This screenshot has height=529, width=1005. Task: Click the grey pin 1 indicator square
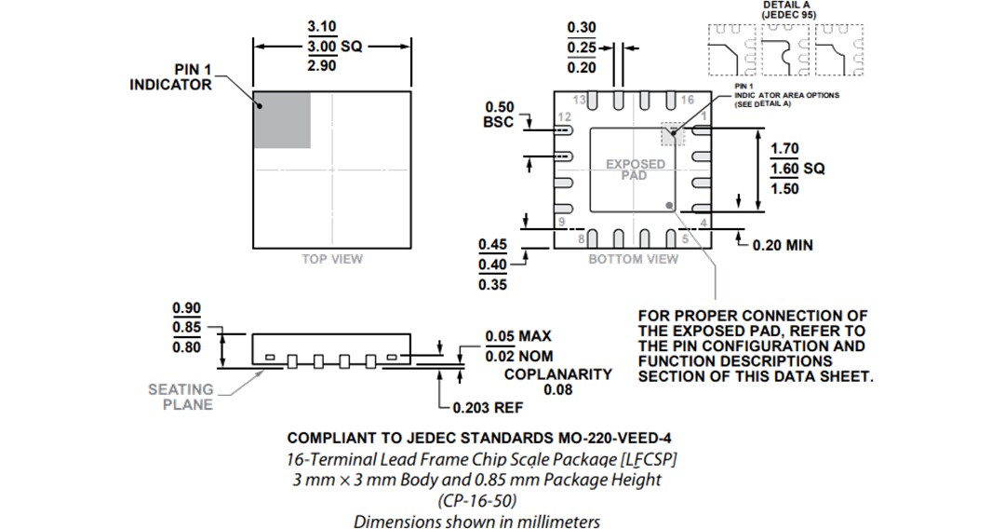(x=282, y=120)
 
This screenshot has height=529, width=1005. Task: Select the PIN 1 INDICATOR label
(x=170, y=77)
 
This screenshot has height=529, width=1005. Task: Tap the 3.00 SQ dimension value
(x=333, y=47)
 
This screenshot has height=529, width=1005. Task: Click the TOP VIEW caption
(x=332, y=259)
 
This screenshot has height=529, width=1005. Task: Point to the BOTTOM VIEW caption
(x=633, y=259)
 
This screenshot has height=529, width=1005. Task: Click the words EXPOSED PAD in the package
(x=636, y=170)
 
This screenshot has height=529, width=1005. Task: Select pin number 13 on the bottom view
(x=578, y=100)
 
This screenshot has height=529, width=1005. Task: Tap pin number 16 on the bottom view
(x=688, y=100)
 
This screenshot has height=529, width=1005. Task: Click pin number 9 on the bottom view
(x=561, y=222)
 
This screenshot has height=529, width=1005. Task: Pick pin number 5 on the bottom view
(x=686, y=238)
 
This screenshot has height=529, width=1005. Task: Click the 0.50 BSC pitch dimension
(x=499, y=115)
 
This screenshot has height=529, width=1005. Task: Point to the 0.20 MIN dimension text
(x=782, y=245)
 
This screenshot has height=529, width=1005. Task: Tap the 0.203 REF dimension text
(x=487, y=408)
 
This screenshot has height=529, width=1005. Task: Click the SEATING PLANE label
(x=181, y=397)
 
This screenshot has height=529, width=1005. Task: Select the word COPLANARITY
(x=557, y=374)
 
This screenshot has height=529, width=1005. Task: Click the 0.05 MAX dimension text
(x=518, y=337)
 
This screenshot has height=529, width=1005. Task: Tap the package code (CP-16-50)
(x=476, y=501)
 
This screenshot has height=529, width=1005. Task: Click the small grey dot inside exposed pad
(x=668, y=203)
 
